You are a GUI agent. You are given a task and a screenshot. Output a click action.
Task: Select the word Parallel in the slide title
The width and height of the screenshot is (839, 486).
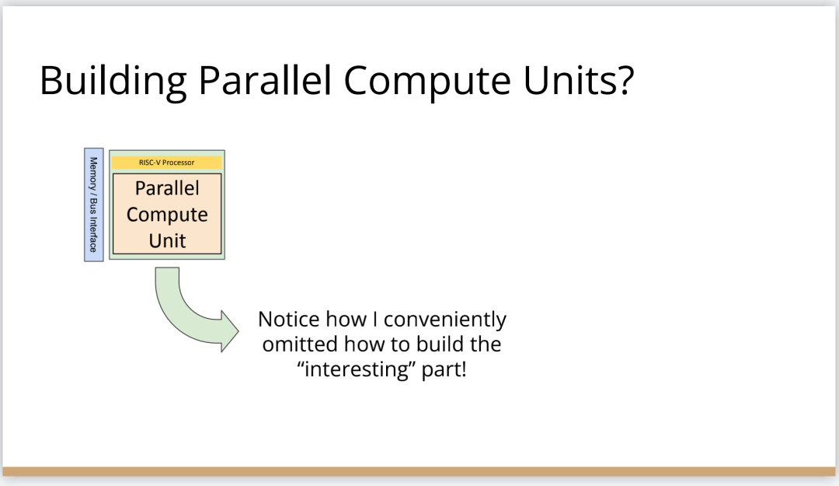click(265, 80)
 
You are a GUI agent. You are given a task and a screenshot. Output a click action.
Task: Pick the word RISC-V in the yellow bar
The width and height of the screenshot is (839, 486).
click(150, 163)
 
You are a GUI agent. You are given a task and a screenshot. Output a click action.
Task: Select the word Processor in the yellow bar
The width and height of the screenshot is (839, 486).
click(178, 163)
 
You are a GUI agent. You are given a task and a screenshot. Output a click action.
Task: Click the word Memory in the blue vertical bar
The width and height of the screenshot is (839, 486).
click(93, 173)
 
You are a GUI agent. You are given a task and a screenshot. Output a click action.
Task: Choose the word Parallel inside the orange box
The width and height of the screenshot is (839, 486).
click(167, 188)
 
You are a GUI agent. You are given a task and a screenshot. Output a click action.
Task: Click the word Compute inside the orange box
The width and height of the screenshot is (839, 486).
click(167, 215)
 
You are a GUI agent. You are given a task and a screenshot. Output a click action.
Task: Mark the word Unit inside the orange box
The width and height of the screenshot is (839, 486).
click(168, 240)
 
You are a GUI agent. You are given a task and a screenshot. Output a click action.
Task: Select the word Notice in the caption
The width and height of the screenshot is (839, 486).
click(289, 320)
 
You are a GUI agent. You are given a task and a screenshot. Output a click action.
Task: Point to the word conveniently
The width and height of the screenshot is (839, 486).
click(445, 320)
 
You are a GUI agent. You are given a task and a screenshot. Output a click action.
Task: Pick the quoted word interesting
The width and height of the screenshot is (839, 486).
click(357, 369)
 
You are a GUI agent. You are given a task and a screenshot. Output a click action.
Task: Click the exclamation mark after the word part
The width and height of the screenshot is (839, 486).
click(464, 369)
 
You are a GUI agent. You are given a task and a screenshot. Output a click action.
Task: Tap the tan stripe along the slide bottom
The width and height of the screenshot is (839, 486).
click(419, 471)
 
